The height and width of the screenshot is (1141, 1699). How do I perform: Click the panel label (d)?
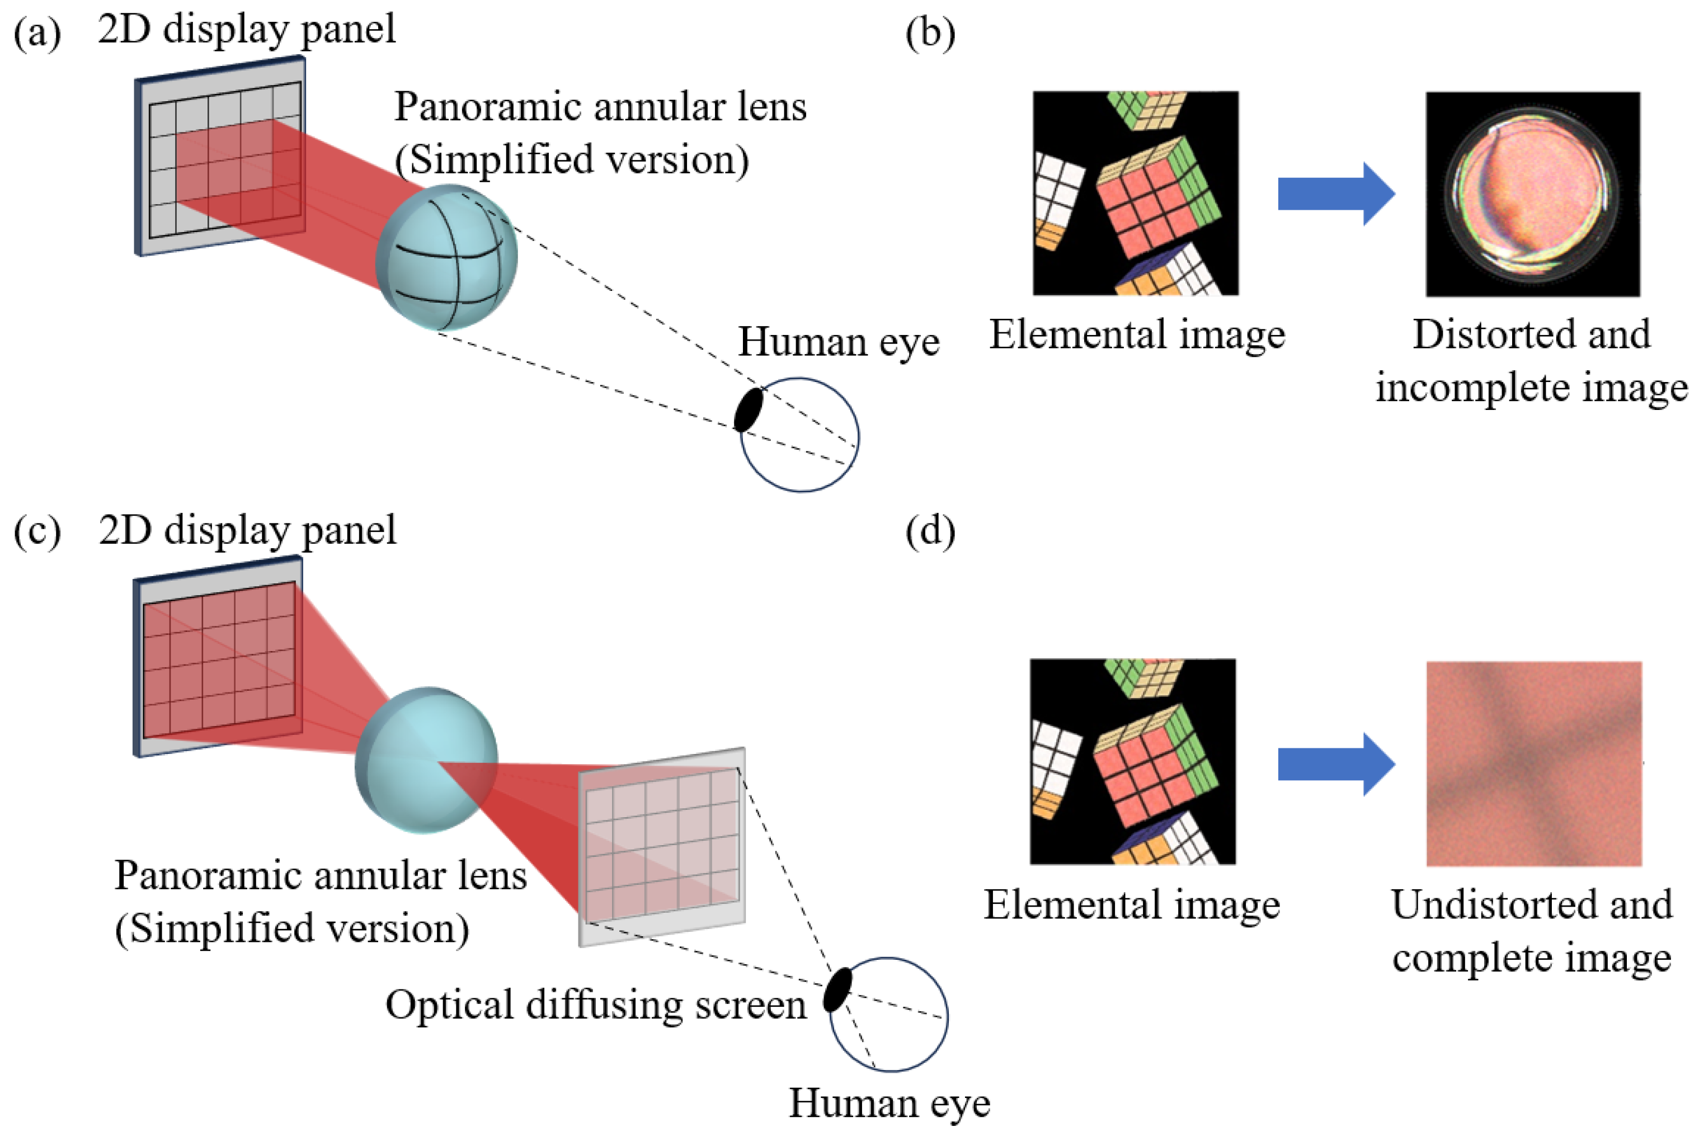point(929,531)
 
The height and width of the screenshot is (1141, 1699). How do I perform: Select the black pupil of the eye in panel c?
point(837,989)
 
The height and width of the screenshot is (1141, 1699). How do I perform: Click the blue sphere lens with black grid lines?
point(446,257)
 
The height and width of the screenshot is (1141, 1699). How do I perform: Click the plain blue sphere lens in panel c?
point(426,761)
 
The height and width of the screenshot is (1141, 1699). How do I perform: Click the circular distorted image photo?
point(1532,194)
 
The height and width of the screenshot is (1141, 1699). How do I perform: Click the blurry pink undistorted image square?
point(1533,764)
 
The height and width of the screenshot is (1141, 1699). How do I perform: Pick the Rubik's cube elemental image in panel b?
point(1135,194)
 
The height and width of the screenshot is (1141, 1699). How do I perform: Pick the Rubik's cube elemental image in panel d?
point(1132,762)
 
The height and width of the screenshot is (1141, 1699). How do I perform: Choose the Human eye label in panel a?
point(838,341)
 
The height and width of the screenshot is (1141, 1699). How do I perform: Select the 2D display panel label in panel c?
point(247,530)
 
